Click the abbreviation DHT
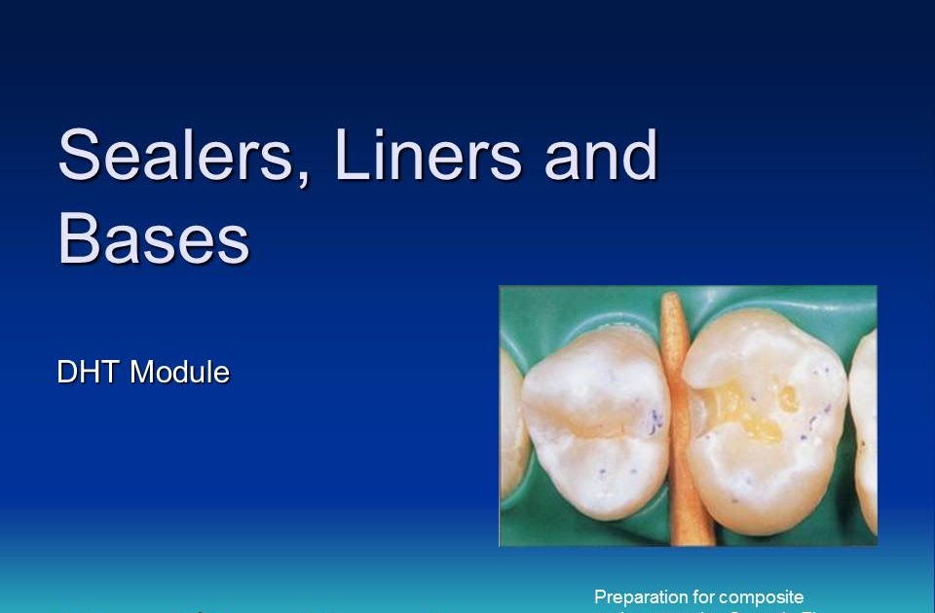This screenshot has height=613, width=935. [90, 372]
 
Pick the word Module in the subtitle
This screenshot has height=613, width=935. [180, 372]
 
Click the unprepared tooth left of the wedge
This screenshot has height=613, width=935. [594, 428]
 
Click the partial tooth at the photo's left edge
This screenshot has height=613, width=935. [510, 418]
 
